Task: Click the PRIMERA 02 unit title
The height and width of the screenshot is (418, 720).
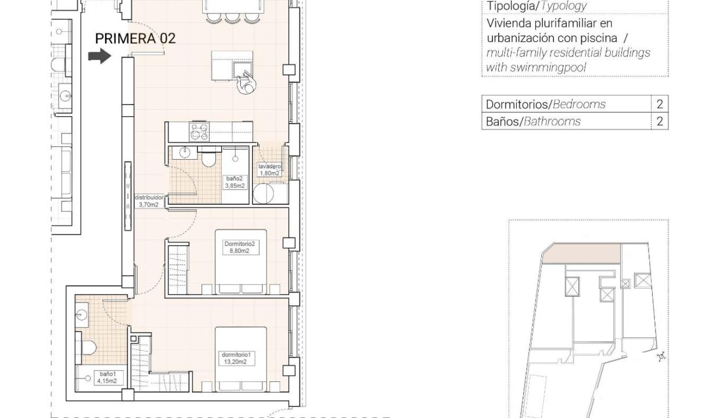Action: pyautogui.click(x=135, y=38)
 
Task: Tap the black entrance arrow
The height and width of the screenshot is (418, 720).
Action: pyautogui.click(x=100, y=56)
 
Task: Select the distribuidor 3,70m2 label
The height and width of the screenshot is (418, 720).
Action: pyautogui.click(x=149, y=201)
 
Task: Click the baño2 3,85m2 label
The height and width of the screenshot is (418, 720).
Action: pyautogui.click(x=235, y=182)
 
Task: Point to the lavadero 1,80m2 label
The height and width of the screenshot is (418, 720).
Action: pyautogui.click(x=269, y=170)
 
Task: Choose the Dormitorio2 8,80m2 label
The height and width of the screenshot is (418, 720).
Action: pyautogui.click(x=240, y=247)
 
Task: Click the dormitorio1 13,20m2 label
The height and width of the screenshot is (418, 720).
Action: pyautogui.click(x=236, y=358)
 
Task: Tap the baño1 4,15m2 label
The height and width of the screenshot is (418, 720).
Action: pyautogui.click(x=107, y=377)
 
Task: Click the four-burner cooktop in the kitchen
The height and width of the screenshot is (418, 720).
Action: pyautogui.click(x=199, y=132)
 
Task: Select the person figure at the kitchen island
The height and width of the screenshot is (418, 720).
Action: pyautogui.click(x=247, y=83)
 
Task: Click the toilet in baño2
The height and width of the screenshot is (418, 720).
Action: pyautogui.click(x=209, y=157)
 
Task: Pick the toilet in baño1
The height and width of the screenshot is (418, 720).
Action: pyautogui.click(x=86, y=348)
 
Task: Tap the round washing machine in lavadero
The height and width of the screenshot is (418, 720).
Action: pyautogui.click(x=263, y=194)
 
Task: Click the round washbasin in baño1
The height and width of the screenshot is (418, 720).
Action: pyautogui.click(x=81, y=315)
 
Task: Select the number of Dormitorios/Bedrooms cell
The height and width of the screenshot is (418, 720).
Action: pyautogui.click(x=660, y=104)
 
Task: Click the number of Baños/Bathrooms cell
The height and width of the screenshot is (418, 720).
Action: pyautogui.click(x=660, y=121)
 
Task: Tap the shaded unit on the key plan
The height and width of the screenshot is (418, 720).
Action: pyautogui.click(x=581, y=253)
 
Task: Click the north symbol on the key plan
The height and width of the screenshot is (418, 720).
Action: pyautogui.click(x=661, y=356)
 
